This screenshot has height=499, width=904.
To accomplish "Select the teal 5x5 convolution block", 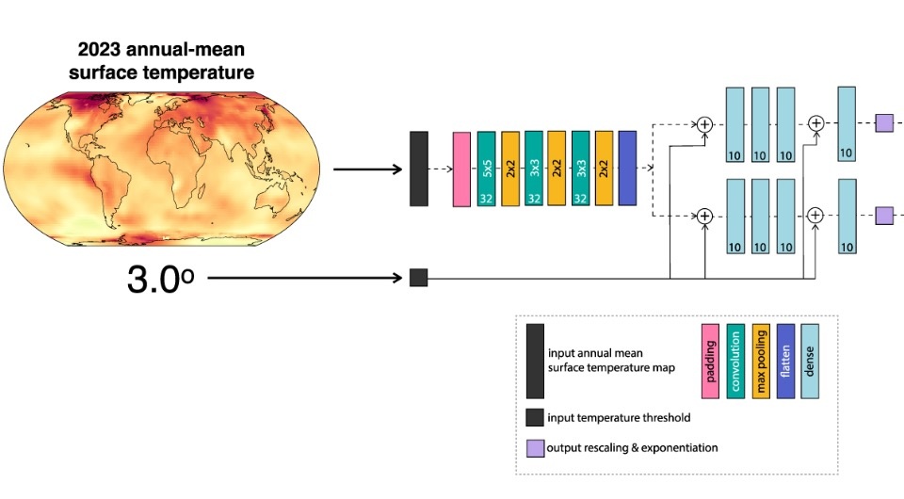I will (x=486, y=169).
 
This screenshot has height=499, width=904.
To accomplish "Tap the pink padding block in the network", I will (x=461, y=169).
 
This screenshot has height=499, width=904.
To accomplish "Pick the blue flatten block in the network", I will (x=627, y=169).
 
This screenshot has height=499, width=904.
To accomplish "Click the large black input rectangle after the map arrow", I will (x=419, y=169).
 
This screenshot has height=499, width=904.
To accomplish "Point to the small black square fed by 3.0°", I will (x=419, y=278).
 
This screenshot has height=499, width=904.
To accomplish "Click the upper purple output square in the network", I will (x=883, y=122).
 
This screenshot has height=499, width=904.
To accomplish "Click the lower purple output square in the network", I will (x=883, y=216).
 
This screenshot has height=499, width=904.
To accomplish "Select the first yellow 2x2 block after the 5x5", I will (x=510, y=169).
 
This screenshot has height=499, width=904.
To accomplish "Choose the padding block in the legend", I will (x=709, y=362).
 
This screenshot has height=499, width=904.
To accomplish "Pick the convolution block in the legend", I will (x=735, y=362).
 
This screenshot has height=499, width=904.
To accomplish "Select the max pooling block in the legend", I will (x=761, y=362).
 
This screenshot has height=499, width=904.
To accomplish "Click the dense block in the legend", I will (x=810, y=362).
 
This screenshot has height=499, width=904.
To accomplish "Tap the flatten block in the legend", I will (x=785, y=362).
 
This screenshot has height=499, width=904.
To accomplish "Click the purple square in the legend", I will (x=534, y=447).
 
